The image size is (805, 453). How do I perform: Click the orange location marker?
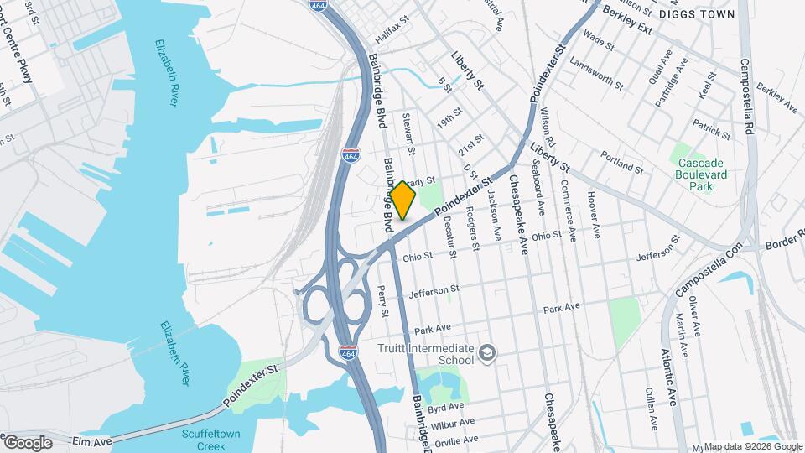point(402,200)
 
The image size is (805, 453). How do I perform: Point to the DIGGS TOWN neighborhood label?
point(696,14)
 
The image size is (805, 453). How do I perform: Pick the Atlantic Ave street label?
point(668,377)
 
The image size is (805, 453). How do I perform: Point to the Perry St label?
point(383,301)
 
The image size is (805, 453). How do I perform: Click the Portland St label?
point(622,163)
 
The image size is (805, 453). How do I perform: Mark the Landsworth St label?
point(596,74)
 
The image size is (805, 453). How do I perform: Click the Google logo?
point(27,442)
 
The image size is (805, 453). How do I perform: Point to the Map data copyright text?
point(752,446)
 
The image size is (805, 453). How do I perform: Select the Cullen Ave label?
point(650,404)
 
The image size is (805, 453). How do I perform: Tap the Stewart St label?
point(409,134)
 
